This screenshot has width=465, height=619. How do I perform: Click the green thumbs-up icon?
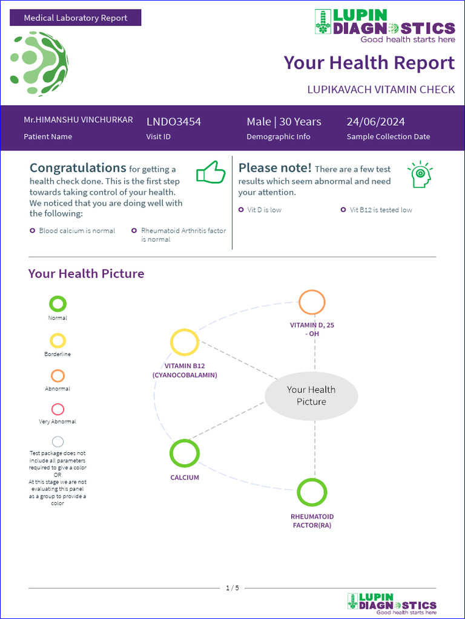(x=211, y=173)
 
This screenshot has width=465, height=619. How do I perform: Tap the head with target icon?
(x=420, y=174)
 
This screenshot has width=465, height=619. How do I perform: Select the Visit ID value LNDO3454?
(x=174, y=122)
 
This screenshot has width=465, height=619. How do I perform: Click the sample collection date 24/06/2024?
(x=375, y=122)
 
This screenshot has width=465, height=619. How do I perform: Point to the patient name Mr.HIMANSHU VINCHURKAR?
(x=78, y=120)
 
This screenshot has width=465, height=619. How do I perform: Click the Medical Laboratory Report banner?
(x=76, y=18)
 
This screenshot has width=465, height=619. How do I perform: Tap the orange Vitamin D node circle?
(x=312, y=302)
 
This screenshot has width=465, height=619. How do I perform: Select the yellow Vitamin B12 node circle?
(x=185, y=342)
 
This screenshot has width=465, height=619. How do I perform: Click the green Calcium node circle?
(x=185, y=453)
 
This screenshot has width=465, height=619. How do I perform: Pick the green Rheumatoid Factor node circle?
(x=312, y=492)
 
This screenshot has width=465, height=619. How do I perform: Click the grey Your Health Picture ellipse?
(x=311, y=396)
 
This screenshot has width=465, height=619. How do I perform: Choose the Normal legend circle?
(x=58, y=304)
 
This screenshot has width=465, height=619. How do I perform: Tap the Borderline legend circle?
(x=58, y=341)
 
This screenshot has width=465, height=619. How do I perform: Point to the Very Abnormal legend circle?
(x=58, y=409)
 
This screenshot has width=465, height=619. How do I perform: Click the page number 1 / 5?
(x=232, y=588)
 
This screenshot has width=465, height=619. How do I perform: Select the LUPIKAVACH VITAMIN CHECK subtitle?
(x=381, y=89)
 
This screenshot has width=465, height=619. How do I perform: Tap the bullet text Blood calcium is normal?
(x=77, y=230)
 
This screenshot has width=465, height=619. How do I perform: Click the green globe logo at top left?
(x=39, y=63)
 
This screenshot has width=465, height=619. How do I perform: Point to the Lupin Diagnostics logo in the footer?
(x=392, y=604)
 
